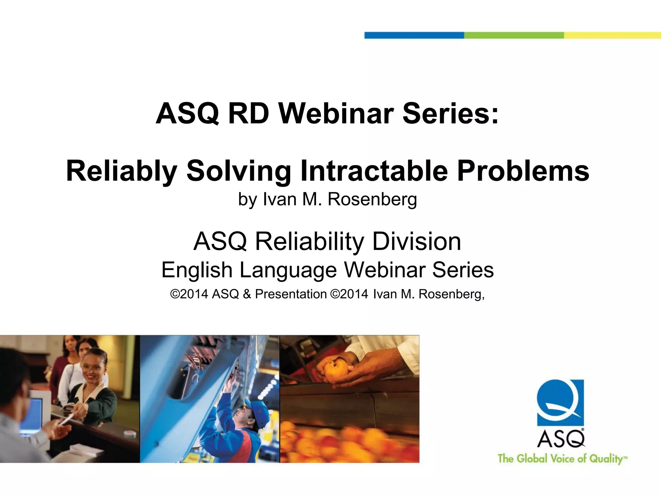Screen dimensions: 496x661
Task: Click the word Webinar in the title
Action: [x=336, y=114]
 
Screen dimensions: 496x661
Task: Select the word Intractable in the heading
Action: [x=374, y=171]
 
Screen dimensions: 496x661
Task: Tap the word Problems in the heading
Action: [x=523, y=171]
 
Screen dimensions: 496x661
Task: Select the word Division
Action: [x=416, y=242]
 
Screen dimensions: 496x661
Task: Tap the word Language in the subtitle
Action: [x=288, y=270]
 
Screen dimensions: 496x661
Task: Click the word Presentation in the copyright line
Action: [x=291, y=294]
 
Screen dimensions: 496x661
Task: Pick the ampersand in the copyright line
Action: [x=247, y=294]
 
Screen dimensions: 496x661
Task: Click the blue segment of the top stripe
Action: [x=414, y=35]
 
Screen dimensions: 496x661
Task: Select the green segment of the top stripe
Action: [x=514, y=35]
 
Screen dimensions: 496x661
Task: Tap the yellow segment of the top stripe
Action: [x=612, y=35]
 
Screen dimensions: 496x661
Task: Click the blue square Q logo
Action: [x=560, y=402]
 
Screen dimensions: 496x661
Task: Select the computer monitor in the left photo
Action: [x=32, y=417]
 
